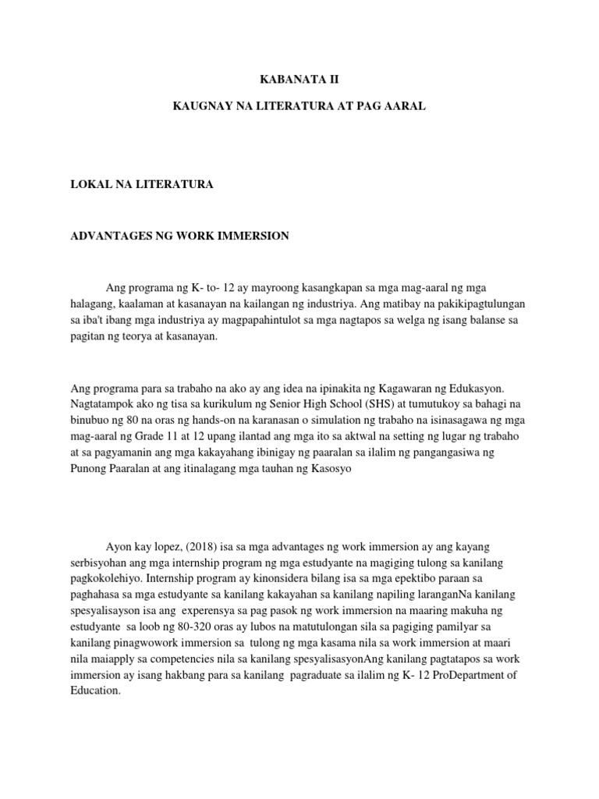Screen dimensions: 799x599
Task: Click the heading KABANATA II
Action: pyautogui.click(x=299, y=80)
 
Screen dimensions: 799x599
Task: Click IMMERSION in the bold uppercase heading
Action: pyautogui.click(x=256, y=236)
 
